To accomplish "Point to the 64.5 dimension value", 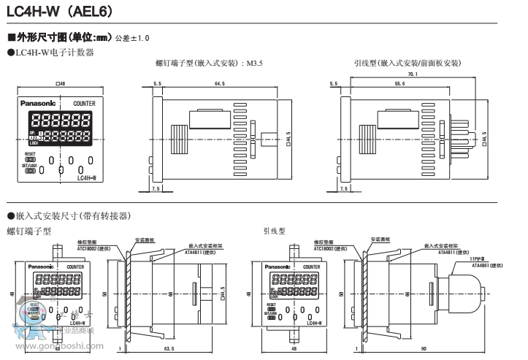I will tap(220, 85).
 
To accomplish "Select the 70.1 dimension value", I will tap(413, 74).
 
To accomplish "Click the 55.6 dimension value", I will tap(399, 85).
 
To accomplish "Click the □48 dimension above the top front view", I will tap(61, 85).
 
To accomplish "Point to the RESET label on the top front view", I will tap(29, 154).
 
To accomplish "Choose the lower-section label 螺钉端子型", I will tap(28, 231).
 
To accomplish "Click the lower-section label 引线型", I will tap(275, 231).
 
